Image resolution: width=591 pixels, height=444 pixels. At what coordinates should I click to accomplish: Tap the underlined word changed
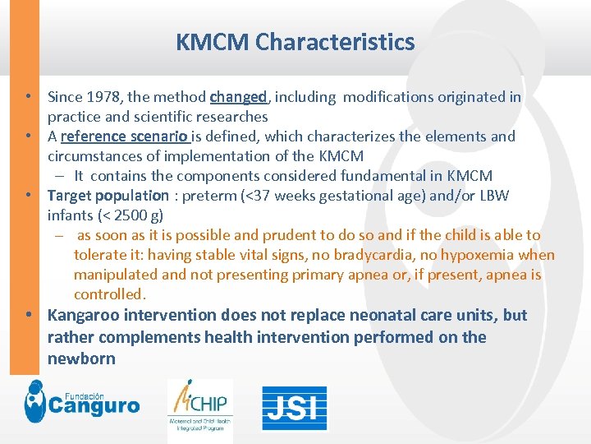pos(238,97)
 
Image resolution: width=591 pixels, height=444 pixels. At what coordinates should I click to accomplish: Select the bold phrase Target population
pos(108,196)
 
